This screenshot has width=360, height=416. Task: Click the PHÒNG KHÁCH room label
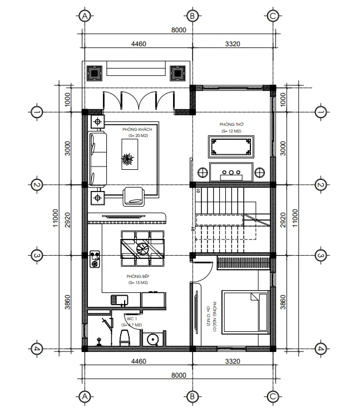click(x=137, y=129)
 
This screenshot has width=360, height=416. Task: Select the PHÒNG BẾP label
click(x=137, y=277)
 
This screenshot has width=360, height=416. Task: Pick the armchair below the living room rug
click(x=134, y=195)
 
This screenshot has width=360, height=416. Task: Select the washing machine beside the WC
click(x=152, y=338)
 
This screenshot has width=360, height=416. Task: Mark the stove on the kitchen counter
click(x=95, y=258)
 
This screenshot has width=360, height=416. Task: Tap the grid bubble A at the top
click(x=85, y=16)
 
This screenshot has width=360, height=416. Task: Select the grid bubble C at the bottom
click(x=273, y=397)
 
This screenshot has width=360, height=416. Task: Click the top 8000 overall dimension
click(x=178, y=31)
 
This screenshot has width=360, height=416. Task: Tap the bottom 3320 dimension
click(x=232, y=362)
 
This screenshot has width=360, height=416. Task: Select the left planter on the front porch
click(x=94, y=72)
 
